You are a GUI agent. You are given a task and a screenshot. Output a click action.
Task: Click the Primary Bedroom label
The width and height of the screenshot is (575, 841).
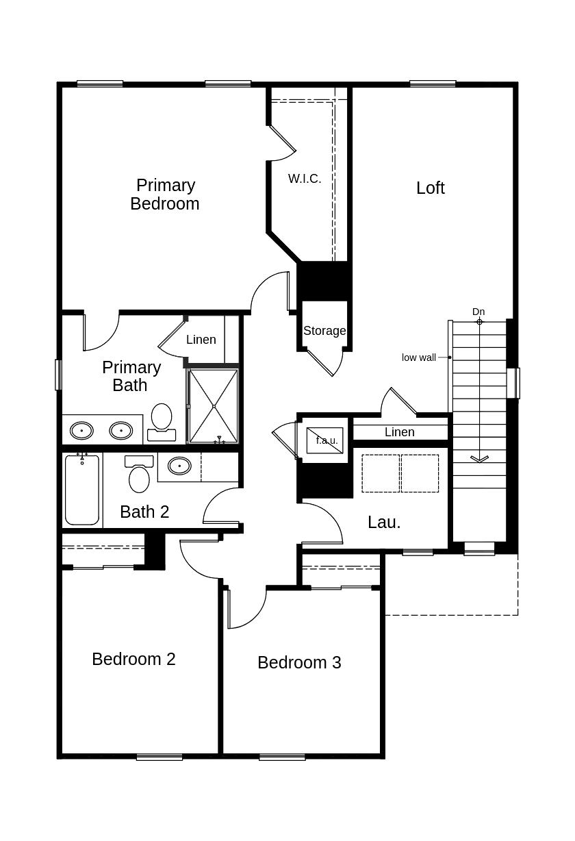pos(165,194)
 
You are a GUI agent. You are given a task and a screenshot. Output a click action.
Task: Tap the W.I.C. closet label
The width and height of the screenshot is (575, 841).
pos(305,179)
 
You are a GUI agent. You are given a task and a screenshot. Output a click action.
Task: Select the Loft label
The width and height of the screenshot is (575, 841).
pos(430,188)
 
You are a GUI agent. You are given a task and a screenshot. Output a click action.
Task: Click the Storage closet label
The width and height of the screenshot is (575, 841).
pos(324,331)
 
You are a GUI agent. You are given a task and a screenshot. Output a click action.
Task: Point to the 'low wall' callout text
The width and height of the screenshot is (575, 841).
pos(418,357)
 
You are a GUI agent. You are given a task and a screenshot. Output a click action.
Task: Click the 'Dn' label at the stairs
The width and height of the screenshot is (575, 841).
pos(478,312)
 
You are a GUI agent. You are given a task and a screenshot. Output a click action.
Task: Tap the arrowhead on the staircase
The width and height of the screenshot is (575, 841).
pos(479,459)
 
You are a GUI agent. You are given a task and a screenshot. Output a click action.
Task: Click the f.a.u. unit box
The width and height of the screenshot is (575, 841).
pos(324,440)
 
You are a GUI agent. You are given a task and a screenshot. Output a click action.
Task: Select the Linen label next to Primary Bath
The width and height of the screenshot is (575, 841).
pos(201,340)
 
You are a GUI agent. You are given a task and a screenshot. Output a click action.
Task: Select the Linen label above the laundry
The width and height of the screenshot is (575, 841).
pos(399,432)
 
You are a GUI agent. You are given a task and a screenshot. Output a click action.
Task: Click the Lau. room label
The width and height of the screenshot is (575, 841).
pos(384,523)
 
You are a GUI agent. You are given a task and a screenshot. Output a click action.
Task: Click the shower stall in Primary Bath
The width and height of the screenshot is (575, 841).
pos(214,406)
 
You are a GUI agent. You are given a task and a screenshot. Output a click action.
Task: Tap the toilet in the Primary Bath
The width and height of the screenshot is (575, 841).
pos(162,420)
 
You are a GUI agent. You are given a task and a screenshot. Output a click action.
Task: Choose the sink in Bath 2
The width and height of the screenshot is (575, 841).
pos(179,466)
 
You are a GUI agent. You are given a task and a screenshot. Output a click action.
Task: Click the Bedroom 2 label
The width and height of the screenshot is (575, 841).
pos(133,659)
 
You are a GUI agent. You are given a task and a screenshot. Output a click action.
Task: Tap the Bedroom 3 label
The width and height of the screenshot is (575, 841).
pos(299,662)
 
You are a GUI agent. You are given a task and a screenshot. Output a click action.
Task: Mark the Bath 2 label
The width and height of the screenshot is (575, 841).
pos(144,512)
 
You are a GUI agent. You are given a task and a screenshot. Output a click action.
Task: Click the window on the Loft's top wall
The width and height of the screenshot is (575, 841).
pos(433,84)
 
